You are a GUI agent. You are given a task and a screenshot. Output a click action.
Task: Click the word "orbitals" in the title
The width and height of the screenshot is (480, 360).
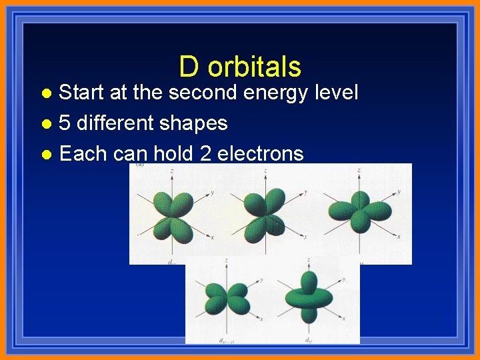point(255,67)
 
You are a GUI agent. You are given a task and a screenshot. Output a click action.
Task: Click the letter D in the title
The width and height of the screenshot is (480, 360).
point(189,67)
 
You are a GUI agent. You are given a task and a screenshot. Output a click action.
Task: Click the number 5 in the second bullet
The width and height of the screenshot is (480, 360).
point(65,123)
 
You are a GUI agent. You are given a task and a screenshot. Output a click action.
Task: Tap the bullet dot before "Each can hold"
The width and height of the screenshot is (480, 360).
point(45,155)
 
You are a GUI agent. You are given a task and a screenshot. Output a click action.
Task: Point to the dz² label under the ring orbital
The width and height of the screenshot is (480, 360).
point(309,340)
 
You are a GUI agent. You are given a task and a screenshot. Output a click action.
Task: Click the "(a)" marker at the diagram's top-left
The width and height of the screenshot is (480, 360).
point(140,164)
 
